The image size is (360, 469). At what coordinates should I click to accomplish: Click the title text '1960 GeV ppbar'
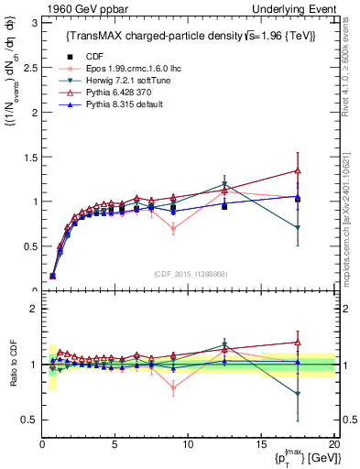tap(79, 8)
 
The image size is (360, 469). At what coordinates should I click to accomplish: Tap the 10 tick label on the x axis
tap(188, 444)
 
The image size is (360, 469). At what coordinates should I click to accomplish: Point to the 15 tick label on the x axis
tap(261, 444)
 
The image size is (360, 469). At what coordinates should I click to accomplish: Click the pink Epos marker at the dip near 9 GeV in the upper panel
tap(173, 229)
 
